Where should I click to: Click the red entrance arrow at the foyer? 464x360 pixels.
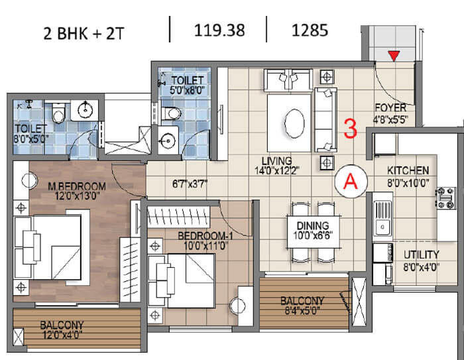tap(394, 56)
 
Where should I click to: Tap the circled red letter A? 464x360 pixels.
tap(351, 181)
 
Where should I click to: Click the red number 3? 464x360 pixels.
tap(351, 128)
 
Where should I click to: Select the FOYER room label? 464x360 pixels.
tap(390, 107)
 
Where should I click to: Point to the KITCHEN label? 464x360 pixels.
tap(408, 170)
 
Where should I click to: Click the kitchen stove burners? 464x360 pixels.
tap(445, 198)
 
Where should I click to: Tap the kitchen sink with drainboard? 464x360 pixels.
tap(382, 217)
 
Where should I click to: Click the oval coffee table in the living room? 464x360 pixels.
tap(294, 124)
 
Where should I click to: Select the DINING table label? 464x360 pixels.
tap(313, 225)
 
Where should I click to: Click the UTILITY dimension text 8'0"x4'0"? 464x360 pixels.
tap(421, 267)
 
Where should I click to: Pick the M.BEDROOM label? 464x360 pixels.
tap(77, 186)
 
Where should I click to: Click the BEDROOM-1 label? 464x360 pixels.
tap(205, 236)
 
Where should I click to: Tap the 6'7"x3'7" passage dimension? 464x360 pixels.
tap(190, 184)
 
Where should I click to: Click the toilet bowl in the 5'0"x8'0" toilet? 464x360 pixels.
tap(171, 113)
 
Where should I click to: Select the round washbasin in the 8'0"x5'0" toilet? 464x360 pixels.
tap(86, 110)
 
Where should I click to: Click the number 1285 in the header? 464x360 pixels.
tap(310, 30)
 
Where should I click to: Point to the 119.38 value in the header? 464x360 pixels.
tap(219, 30)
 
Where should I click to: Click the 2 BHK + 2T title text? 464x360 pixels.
tap(84, 33)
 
